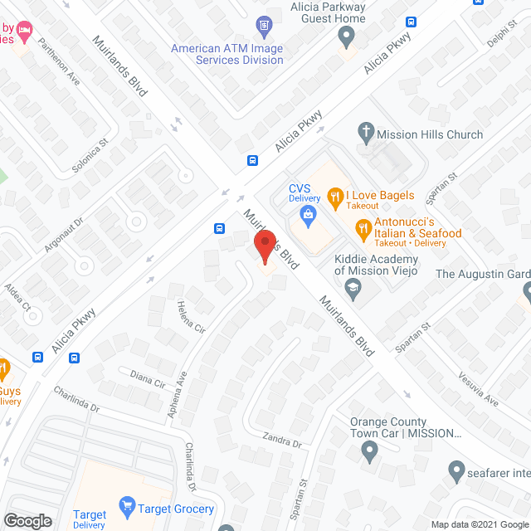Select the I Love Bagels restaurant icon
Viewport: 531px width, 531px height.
pos(335,197)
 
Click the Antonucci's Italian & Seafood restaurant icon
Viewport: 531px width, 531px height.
pos(363,227)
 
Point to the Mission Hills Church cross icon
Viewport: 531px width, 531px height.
pos(363,130)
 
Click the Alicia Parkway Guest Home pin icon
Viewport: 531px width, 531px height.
pos(347,36)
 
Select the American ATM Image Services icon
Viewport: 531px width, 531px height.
pos(265,25)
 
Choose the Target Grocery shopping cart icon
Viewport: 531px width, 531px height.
pos(127,504)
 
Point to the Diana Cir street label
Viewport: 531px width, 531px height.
pos(149,378)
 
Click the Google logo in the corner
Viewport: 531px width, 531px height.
pos(27,520)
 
